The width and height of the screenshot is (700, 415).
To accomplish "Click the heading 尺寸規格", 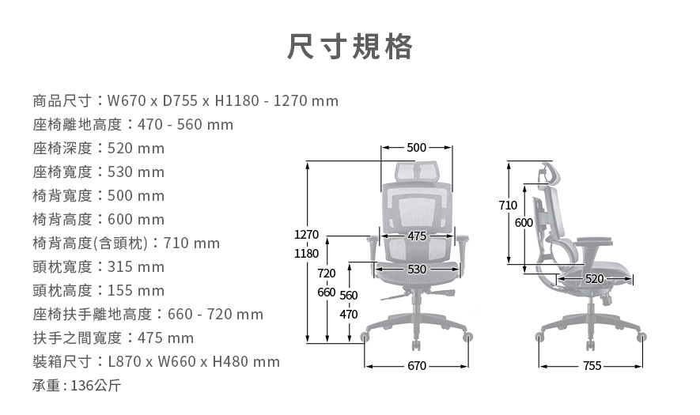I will (x=350, y=47).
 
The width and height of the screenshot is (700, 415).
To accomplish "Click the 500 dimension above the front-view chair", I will (x=416, y=148).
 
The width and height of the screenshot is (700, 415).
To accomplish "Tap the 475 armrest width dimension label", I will (x=417, y=236).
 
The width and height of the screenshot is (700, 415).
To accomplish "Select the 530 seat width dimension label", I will (x=417, y=270).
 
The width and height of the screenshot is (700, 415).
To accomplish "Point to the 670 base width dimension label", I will (x=417, y=366).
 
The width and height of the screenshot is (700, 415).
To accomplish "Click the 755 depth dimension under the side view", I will (x=592, y=366).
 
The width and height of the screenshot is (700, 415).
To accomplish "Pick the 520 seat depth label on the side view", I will (x=595, y=279).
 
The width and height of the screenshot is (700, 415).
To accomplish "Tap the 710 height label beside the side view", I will (x=509, y=206).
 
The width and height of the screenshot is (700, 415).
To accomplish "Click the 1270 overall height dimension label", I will (x=306, y=235).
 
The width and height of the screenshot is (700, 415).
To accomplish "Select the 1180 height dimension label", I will (x=306, y=255).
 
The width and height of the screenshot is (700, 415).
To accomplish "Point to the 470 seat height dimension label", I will (x=348, y=315).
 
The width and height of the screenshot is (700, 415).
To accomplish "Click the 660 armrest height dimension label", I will (x=326, y=292).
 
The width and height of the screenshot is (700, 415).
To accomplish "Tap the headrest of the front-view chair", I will (x=417, y=170).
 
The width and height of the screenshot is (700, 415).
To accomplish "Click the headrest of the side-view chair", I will (x=548, y=172).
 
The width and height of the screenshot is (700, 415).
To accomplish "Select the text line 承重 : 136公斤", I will (x=77, y=386).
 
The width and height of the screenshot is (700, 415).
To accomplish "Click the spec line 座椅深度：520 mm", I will (x=99, y=149).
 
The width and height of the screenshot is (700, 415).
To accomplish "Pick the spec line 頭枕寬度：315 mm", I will (x=99, y=267).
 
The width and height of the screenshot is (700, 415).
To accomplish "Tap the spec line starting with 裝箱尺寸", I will (x=157, y=362).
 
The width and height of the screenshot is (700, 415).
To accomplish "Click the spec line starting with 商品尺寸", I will (x=186, y=101).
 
